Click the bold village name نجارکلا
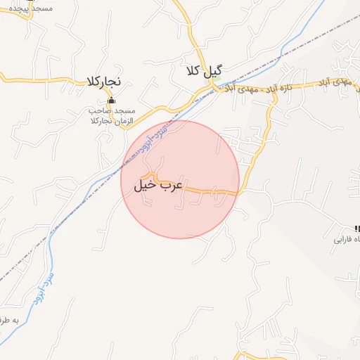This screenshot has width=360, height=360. pos(104,81)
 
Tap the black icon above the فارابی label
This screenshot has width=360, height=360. pos(356,228)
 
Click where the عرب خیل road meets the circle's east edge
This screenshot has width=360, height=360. pos(238,191)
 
